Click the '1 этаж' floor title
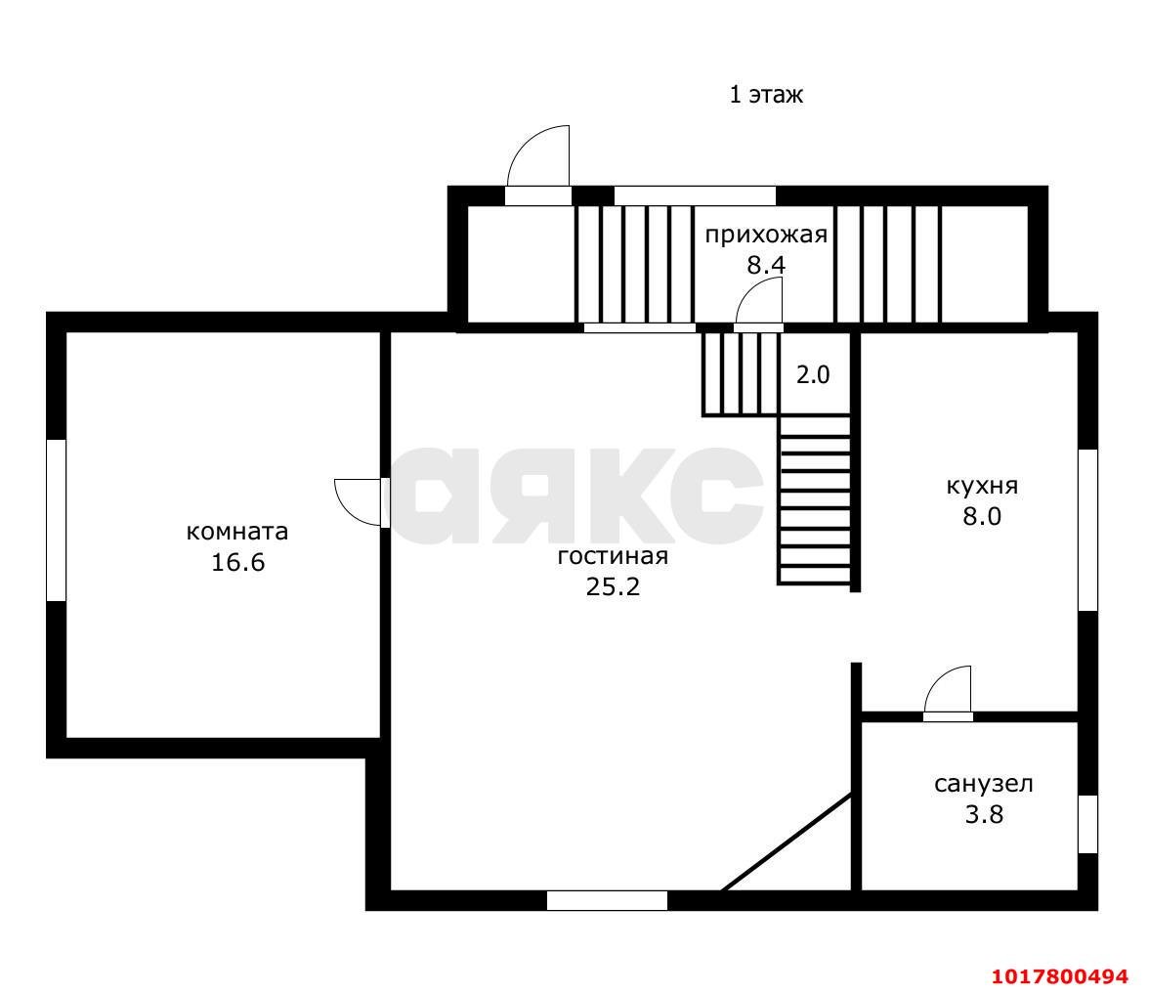click(766, 95)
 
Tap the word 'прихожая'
click(766, 235)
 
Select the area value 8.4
click(766, 265)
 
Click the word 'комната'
click(237, 532)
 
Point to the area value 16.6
click(237, 562)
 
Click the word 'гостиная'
click(613, 556)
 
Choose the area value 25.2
click(613, 586)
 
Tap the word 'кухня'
click(982, 486)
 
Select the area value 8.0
click(982, 517)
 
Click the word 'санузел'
click(983, 784)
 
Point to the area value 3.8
click(983, 814)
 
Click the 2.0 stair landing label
click(813, 374)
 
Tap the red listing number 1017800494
click(1059, 977)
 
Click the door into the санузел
click(948, 693)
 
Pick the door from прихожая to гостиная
click(758, 307)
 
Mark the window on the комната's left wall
click(57, 520)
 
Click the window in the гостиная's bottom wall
click(608, 900)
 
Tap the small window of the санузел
click(1088, 824)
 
